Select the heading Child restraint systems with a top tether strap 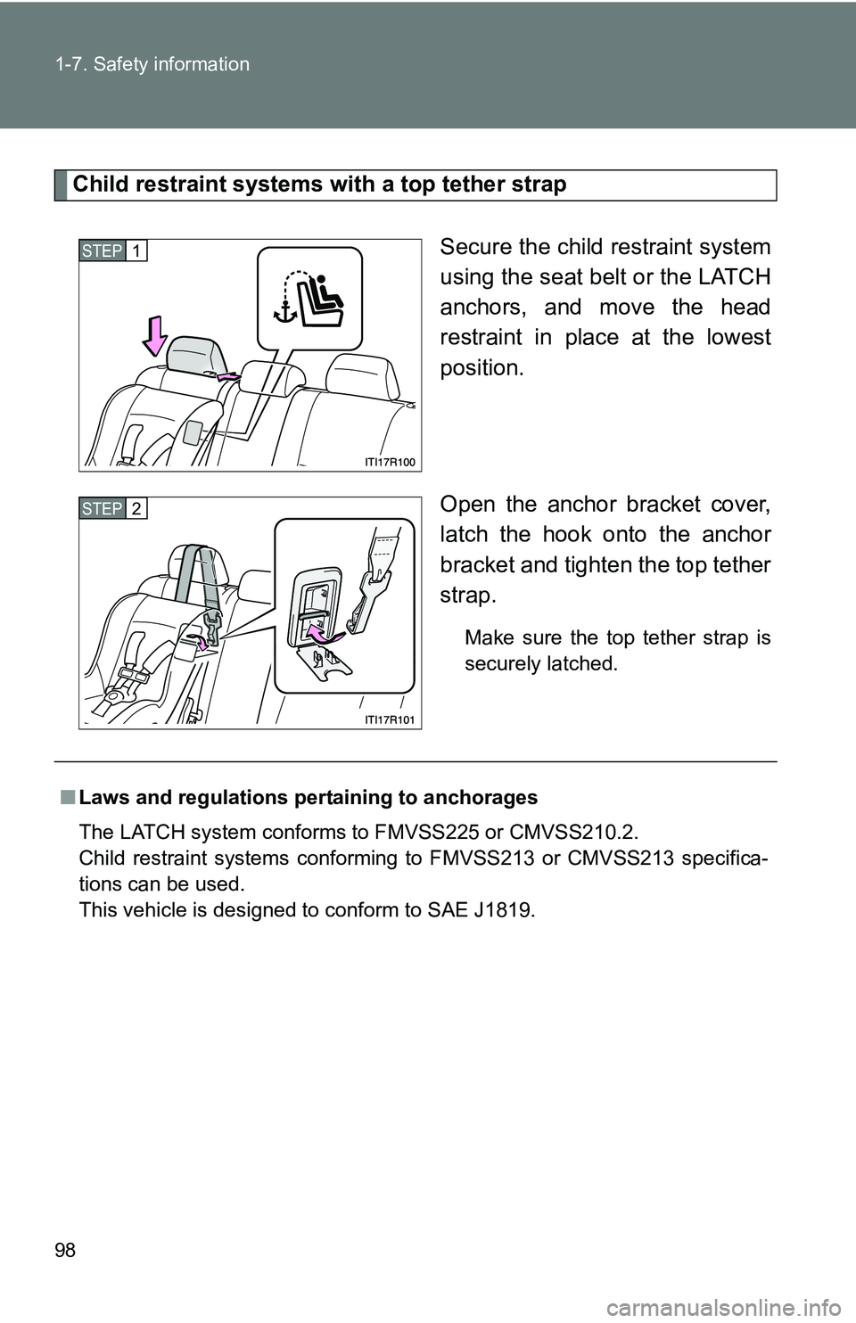point(319,185)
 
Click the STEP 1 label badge point(113,251)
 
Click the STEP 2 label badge point(113,508)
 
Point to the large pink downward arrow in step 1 point(154,339)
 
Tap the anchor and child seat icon point(309,299)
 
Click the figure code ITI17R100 point(390,461)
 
